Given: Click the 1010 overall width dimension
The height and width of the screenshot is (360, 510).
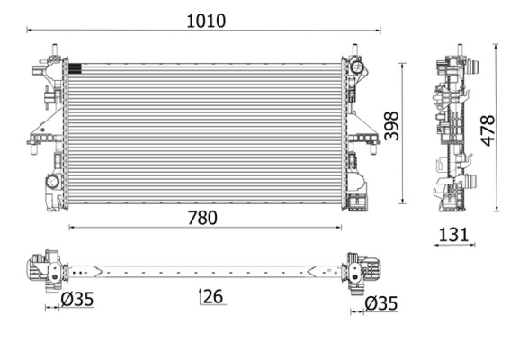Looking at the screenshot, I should point(206,20).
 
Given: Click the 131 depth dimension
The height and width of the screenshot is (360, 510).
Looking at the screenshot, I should point(453,235).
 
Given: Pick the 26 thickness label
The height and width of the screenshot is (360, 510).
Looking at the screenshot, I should point(213,295).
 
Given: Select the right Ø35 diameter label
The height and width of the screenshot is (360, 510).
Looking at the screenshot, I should point(380,303).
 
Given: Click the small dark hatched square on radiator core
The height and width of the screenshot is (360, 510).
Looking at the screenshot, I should point(75,67).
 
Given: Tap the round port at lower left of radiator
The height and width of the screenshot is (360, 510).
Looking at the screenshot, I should point(52,183).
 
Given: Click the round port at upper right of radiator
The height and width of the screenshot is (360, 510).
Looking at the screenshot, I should point(357,67).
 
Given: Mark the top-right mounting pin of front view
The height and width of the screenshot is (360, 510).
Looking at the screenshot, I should point(353,49).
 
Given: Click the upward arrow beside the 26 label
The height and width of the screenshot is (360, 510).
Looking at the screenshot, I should point(200,295).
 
